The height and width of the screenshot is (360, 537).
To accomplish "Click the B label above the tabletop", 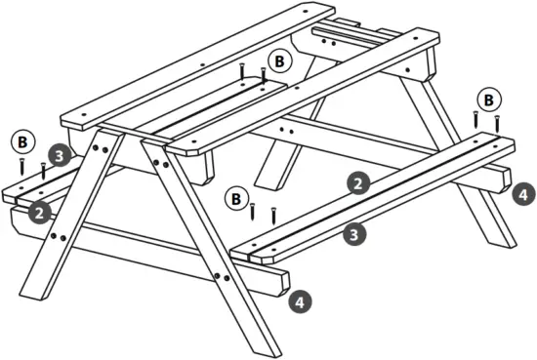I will (x=280, y=60).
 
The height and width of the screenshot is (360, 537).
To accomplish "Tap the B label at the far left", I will (x=21, y=140).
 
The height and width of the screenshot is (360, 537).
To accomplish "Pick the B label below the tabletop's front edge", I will (x=235, y=199).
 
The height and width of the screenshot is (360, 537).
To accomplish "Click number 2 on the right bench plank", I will (x=358, y=181).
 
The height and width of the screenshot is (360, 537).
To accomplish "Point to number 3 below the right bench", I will (x=357, y=232).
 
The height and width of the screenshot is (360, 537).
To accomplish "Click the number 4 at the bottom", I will (x=299, y=302).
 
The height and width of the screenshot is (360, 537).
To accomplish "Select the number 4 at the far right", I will (x=523, y=194).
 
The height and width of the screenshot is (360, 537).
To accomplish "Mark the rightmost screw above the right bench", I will (x=498, y=124).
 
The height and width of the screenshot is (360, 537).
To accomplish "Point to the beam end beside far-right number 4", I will (x=503, y=181).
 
